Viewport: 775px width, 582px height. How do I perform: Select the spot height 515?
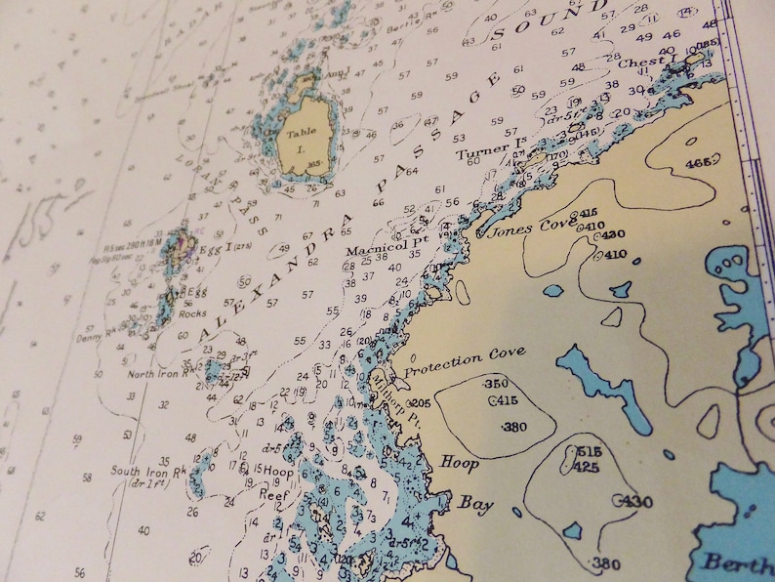(x=588, y=451)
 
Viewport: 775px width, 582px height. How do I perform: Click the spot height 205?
(x=420, y=403)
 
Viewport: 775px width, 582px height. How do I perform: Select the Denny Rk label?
(x=94, y=339)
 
